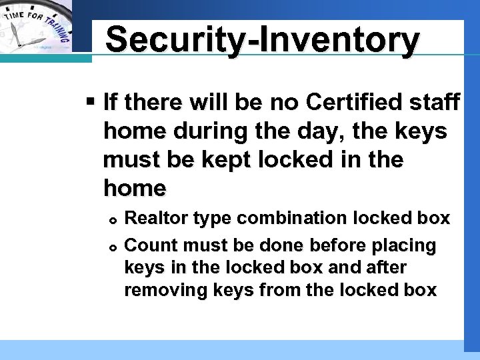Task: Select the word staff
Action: tap(433, 103)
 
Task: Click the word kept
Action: tap(239, 161)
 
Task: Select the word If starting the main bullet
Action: tap(111, 103)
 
